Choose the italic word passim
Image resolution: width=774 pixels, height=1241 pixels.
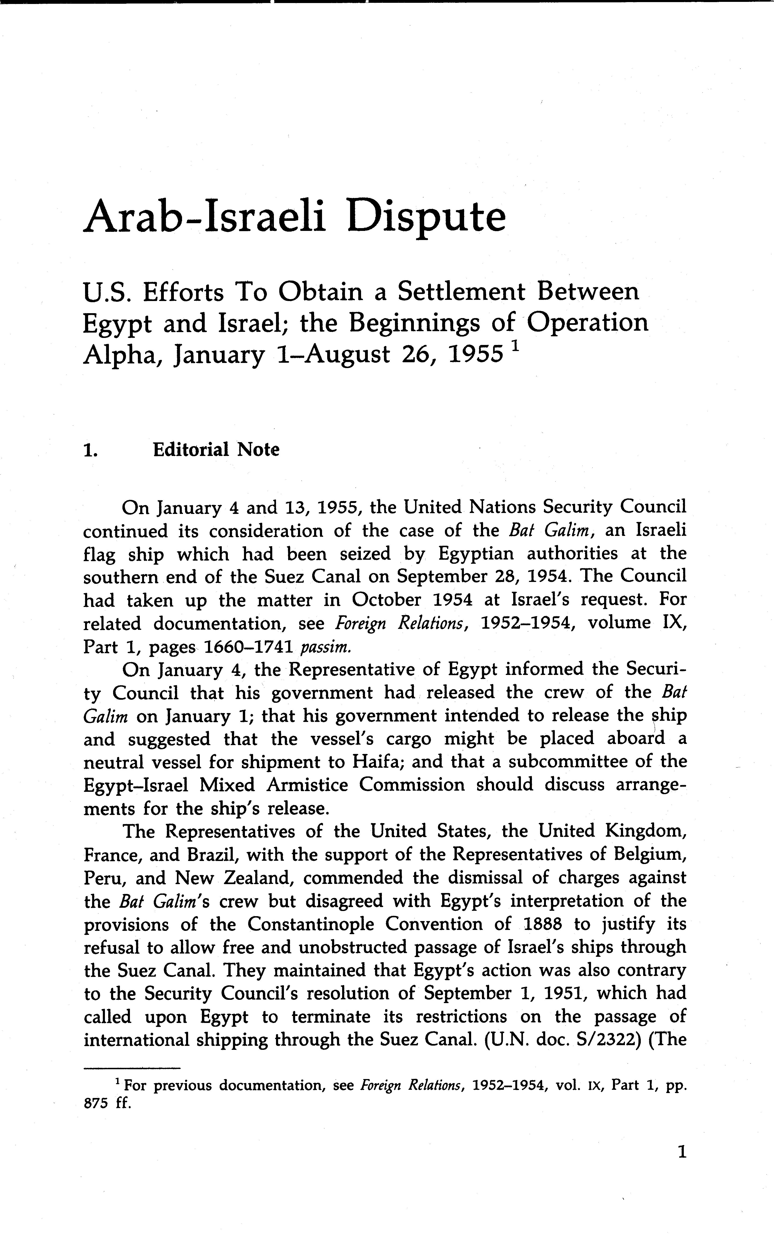(x=326, y=647)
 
